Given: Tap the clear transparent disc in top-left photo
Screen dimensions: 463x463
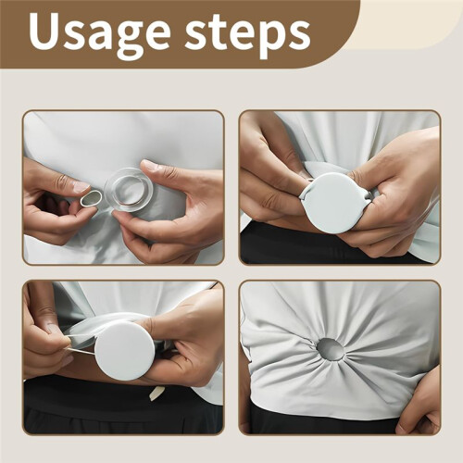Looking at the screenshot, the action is (x=126, y=190).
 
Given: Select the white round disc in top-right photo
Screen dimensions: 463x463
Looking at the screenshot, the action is (x=331, y=202).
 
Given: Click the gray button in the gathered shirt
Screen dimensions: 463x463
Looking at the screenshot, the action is (x=330, y=349).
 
